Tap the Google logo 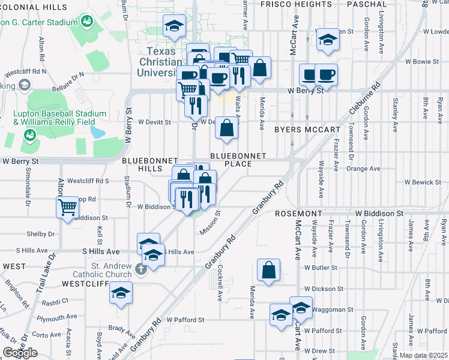[x=20, y=353]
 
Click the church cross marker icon [x=140, y=269]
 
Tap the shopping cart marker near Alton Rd [x=68, y=208]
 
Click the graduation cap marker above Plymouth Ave [x=121, y=293]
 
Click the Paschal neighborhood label [x=367, y=4]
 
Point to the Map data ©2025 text [x=423, y=355]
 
